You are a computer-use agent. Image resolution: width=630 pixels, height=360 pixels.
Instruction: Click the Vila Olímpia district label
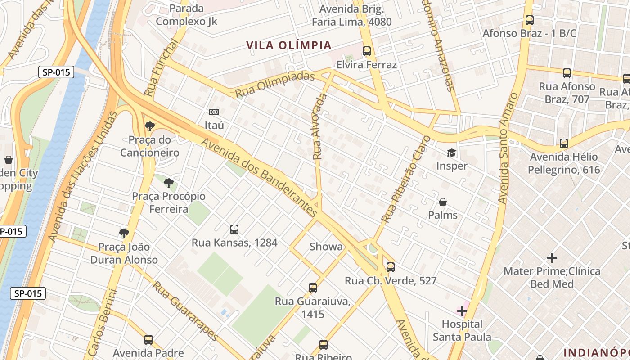point(289,45)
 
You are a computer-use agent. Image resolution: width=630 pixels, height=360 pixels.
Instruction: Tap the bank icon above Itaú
point(214,112)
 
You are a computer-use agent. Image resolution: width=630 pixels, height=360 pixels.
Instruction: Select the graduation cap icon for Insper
point(451,153)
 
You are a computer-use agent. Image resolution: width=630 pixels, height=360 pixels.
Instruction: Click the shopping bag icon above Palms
point(443,202)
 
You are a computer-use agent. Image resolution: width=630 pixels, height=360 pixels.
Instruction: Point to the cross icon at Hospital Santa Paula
point(462,310)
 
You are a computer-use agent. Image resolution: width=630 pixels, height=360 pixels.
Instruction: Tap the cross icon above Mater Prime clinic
point(552,258)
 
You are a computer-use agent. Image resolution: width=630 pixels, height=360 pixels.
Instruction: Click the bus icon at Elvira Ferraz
point(367,51)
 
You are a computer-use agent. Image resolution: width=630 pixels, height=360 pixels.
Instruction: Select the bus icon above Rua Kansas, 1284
point(234,229)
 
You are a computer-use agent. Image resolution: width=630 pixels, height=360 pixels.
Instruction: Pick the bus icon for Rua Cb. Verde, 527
point(391,267)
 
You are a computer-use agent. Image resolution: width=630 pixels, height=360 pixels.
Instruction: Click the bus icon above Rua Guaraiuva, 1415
point(312,288)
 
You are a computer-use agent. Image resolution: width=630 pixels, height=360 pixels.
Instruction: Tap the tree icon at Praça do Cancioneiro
point(149,126)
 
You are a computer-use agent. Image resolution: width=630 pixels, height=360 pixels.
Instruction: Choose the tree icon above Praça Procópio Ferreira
point(168,183)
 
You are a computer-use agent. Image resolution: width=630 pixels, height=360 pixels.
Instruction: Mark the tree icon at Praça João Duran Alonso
point(124,233)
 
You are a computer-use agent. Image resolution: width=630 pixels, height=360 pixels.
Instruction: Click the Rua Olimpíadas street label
point(274,84)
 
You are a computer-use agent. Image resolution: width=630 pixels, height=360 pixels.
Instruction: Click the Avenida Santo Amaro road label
point(509,148)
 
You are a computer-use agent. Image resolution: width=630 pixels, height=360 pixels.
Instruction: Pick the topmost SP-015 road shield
point(56,72)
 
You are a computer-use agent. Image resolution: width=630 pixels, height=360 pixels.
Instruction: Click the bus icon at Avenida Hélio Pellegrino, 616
point(564,144)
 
